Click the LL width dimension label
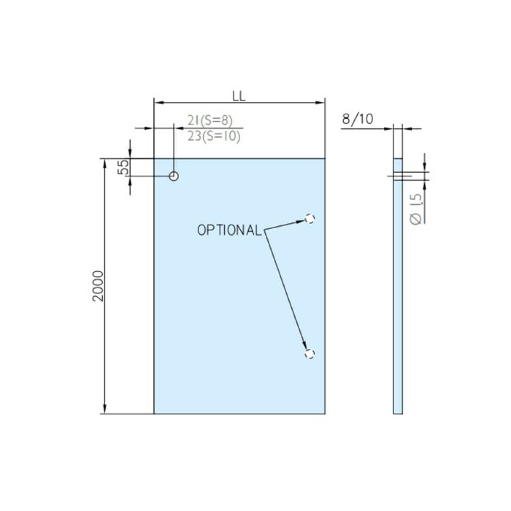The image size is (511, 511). [239, 97]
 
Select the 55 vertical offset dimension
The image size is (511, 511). [123, 167]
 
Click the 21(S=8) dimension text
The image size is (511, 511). [210, 121]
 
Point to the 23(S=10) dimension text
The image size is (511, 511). [214, 136]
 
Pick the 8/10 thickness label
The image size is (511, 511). [357, 119]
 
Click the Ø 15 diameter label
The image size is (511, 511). [416, 209]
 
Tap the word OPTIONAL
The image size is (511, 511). [229, 230]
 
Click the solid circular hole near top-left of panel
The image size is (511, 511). [174, 176]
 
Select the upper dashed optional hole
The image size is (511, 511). [310, 219]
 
